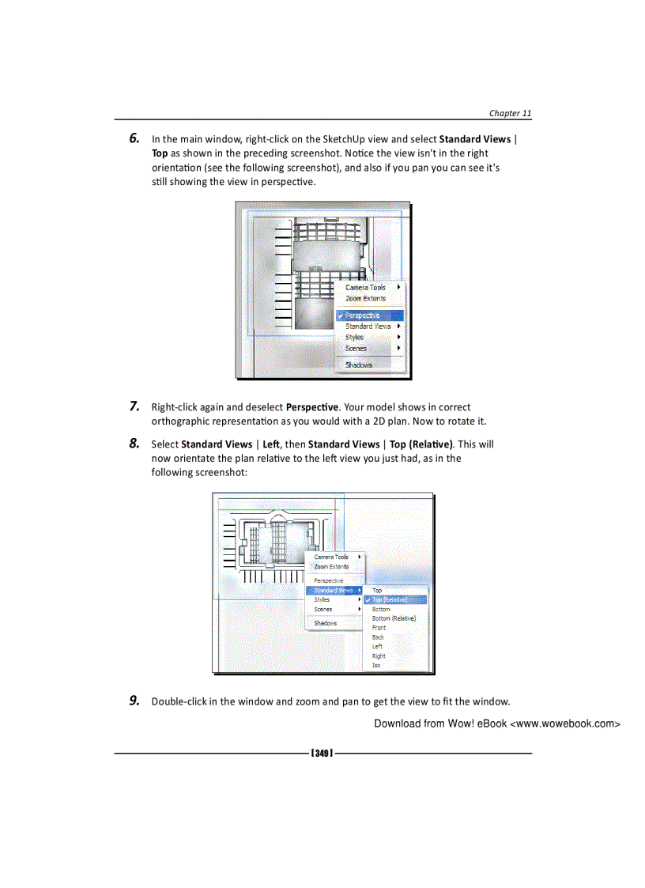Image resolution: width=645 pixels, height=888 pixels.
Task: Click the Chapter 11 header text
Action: [510, 113]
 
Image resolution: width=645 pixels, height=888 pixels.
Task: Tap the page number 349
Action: [322, 753]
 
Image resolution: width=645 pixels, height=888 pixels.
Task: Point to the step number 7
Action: [135, 406]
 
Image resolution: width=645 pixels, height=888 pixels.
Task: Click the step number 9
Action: [135, 701]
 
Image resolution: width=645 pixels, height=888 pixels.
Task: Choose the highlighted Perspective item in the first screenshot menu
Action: [363, 316]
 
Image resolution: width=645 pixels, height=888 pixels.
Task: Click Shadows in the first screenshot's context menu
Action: [359, 365]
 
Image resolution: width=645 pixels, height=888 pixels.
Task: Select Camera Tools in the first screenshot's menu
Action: [365, 288]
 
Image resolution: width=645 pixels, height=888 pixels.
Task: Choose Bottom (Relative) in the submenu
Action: [394, 618]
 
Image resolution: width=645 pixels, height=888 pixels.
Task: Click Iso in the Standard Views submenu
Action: [376, 665]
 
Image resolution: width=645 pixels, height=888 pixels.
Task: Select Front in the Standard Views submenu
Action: [379, 628]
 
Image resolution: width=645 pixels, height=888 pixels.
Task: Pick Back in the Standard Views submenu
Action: [379, 637]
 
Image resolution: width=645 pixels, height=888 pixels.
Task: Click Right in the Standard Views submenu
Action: [379, 656]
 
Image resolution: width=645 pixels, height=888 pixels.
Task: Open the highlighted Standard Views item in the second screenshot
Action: [332, 591]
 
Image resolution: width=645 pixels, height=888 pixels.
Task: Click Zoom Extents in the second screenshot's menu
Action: [331, 567]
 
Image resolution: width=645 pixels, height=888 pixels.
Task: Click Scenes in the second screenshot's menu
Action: [323, 610]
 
